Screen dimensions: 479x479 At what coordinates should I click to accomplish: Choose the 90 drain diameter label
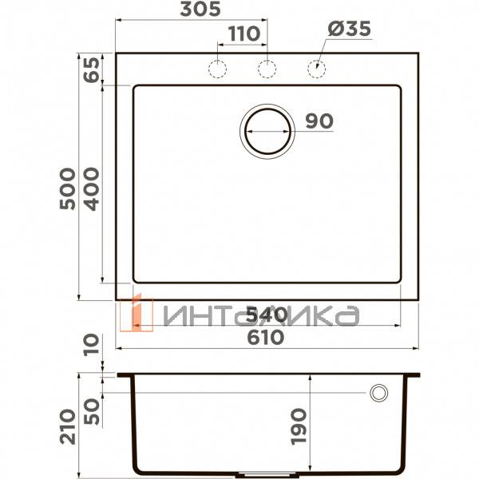tap(319, 121)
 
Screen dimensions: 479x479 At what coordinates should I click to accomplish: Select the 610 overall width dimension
tap(264, 337)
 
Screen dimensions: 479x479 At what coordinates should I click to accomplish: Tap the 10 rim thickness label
tap(91, 346)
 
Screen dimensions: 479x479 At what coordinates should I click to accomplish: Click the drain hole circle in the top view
tap(267, 129)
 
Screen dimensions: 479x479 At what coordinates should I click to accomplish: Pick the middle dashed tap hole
tap(267, 69)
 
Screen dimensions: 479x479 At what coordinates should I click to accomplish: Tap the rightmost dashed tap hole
tap(318, 69)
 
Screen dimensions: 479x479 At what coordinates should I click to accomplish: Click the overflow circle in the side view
tap(378, 392)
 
